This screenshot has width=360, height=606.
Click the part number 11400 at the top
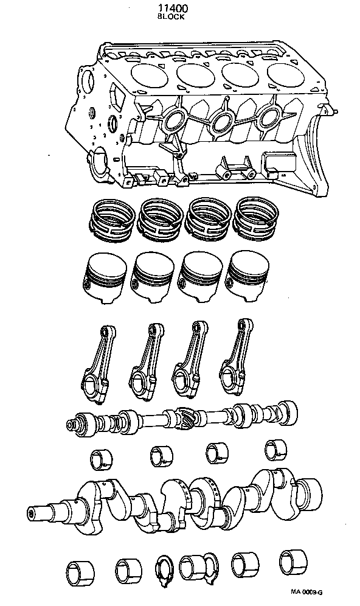click(x=170, y=9)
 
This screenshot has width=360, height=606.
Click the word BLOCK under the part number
click(x=170, y=18)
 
